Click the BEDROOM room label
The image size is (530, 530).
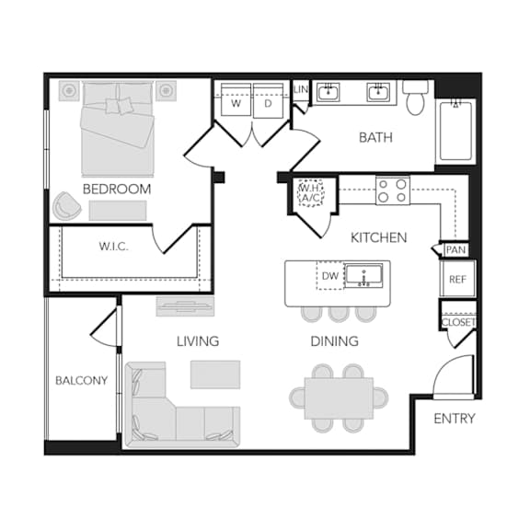click(117, 189)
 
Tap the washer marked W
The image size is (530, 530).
click(236, 100)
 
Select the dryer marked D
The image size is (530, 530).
click(268, 100)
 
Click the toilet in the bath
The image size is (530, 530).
click(415, 98)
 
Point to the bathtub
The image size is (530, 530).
click(455, 131)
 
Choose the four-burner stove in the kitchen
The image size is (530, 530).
click(392, 190)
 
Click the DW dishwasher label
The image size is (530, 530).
click(330, 276)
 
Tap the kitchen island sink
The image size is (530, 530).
click(363, 276)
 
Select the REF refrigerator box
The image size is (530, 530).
click(457, 279)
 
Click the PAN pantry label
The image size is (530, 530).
click(455, 250)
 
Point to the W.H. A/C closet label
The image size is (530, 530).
click(310, 193)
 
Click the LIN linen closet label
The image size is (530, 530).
click(301, 89)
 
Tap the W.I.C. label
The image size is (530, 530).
click(113, 247)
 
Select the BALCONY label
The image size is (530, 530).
click(81, 381)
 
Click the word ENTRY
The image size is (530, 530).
click(455, 419)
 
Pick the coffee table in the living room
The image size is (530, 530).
click(215, 374)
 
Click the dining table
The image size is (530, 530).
click(339, 397)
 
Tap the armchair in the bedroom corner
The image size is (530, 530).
click(66, 205)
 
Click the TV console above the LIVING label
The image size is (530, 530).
click(185, 306)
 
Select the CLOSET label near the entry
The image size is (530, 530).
click(458, 322)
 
